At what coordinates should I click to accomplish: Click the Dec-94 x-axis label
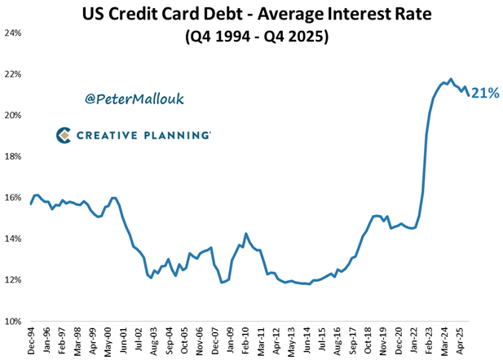(x=32, y=340)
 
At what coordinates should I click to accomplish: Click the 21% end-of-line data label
(x=485, y=94)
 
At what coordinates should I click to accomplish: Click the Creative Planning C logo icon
(x=64, y=135)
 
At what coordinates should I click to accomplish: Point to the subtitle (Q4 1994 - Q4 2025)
(x=251, y=37)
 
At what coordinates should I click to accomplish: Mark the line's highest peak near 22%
(x=451, y=79)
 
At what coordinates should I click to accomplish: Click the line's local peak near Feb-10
(x=246, y=234)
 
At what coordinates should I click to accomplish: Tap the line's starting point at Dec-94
(x=31, y=204)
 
